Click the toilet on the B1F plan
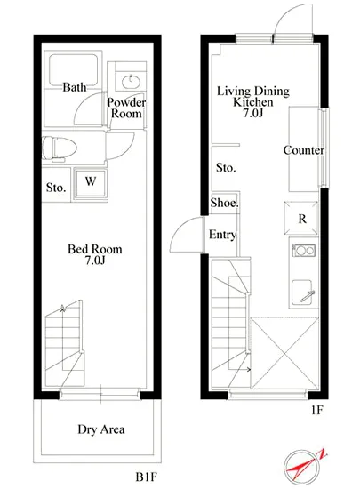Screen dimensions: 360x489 pos(60,148)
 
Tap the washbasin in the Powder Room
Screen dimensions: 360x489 pos(131,82)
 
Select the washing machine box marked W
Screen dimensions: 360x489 pos(90,183)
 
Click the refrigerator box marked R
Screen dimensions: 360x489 pos(301,218)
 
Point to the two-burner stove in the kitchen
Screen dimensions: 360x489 pos(304,251)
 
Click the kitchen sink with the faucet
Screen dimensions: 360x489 pos(302,292)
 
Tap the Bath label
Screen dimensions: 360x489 pos(75,87)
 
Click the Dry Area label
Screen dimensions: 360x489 pos(101,429)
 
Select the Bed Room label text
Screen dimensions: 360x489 pos(95,249)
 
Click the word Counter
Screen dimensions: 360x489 pos(303,150)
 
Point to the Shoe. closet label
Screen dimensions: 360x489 pos(224,203)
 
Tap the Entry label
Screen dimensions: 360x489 pos(222,235)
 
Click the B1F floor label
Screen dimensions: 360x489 pos(146,477)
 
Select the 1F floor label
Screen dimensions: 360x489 pos(316,410)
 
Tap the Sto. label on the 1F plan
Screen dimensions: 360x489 pos(226,168)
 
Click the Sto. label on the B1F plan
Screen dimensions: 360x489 pos(56,188)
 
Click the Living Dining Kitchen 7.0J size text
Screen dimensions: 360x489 pos(253,113)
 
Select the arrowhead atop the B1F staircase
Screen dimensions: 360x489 pos(63,308)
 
